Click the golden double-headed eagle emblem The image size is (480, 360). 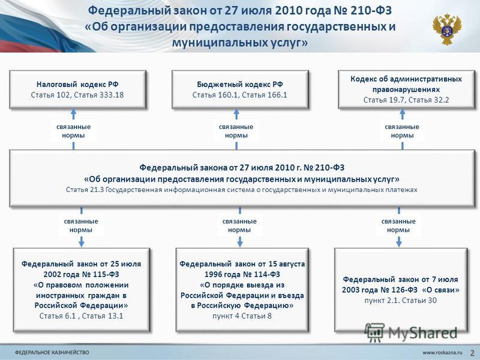(x=447, y=29)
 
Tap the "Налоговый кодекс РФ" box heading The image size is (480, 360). (x=77, y=84)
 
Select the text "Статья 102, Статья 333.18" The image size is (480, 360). (x=77, y=95)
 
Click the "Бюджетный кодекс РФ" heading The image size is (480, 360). (x=240, y=84)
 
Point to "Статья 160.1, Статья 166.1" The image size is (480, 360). (x=240, y=95)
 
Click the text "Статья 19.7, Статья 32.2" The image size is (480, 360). (x=406, y=100)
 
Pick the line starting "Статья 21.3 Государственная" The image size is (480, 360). (x=242, y=190)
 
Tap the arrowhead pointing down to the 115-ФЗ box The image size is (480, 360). (x=82, y=244)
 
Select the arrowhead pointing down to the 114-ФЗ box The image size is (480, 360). (x=240, y=244)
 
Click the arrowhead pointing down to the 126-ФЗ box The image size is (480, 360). (x=399, y=244)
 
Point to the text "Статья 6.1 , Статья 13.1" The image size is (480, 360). (x=82, y=316)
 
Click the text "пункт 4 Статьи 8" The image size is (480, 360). (x=242, y=316)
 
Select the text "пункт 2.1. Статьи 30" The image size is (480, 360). (x=401, y=301)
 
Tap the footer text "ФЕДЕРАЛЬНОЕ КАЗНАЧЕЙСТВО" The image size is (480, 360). (x=52, y=352)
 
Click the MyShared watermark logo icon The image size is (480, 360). (x=374, y=332)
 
